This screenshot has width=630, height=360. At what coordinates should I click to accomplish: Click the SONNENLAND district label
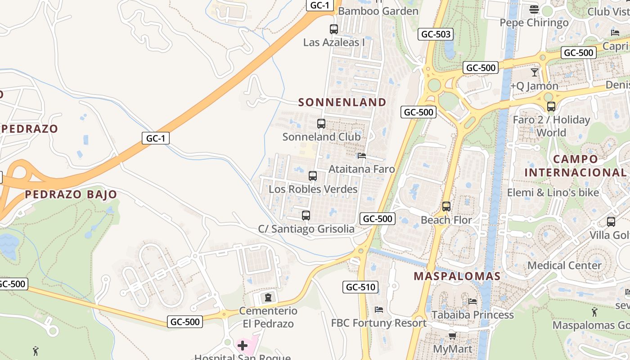point(342,102)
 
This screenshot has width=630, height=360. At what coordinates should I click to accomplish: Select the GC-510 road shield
point(360,287)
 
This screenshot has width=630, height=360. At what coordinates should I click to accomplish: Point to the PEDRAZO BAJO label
point(71,194)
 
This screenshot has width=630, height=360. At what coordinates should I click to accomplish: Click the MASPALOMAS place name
point(457,276)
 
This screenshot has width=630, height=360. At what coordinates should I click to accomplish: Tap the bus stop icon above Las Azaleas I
point(333,29)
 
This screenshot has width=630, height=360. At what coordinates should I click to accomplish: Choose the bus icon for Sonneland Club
point(321,124)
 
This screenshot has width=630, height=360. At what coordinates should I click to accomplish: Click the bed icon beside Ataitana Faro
point(362,156)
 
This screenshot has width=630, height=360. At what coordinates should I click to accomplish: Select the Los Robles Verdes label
point(313,189)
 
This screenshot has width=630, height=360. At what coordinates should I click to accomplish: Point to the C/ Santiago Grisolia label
point(306,229)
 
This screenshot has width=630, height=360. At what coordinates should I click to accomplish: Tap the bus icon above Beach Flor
point(446,207)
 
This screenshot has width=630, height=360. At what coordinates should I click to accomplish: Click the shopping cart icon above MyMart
point(452,336)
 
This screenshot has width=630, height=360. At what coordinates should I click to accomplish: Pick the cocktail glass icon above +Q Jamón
point(535,72)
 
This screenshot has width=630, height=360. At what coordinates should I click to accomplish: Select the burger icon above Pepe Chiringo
point(534,9)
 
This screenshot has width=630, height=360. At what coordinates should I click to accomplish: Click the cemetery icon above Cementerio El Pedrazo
point(268,297)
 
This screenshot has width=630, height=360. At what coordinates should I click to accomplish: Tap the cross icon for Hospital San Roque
point(243,346)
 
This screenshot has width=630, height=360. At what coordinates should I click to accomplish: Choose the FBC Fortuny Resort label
point(379,323)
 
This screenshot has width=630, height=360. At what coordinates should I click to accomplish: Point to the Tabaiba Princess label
point(472,315)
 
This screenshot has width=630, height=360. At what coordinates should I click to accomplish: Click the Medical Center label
point(564,265)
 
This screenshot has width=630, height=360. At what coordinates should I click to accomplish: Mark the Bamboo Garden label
point(378,11)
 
